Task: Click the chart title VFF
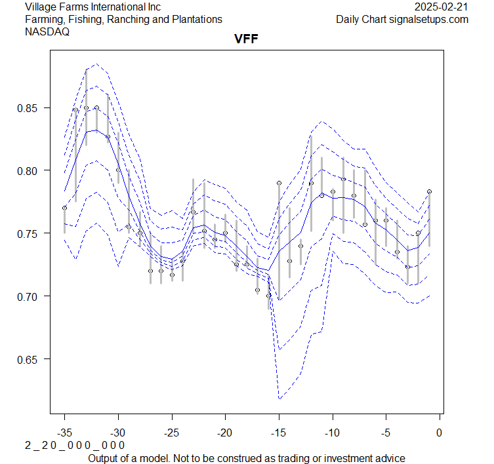[246, 39]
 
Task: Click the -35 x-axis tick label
[64, 433]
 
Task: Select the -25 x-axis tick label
[171, 433]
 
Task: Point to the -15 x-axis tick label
[279, 433]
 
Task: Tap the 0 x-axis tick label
[440, 433]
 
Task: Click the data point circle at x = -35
[64, 208]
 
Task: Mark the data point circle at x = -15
[279, 183]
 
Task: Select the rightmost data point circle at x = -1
[429, 191]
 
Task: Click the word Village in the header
[41, 7]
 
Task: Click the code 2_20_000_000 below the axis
[75, 446]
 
